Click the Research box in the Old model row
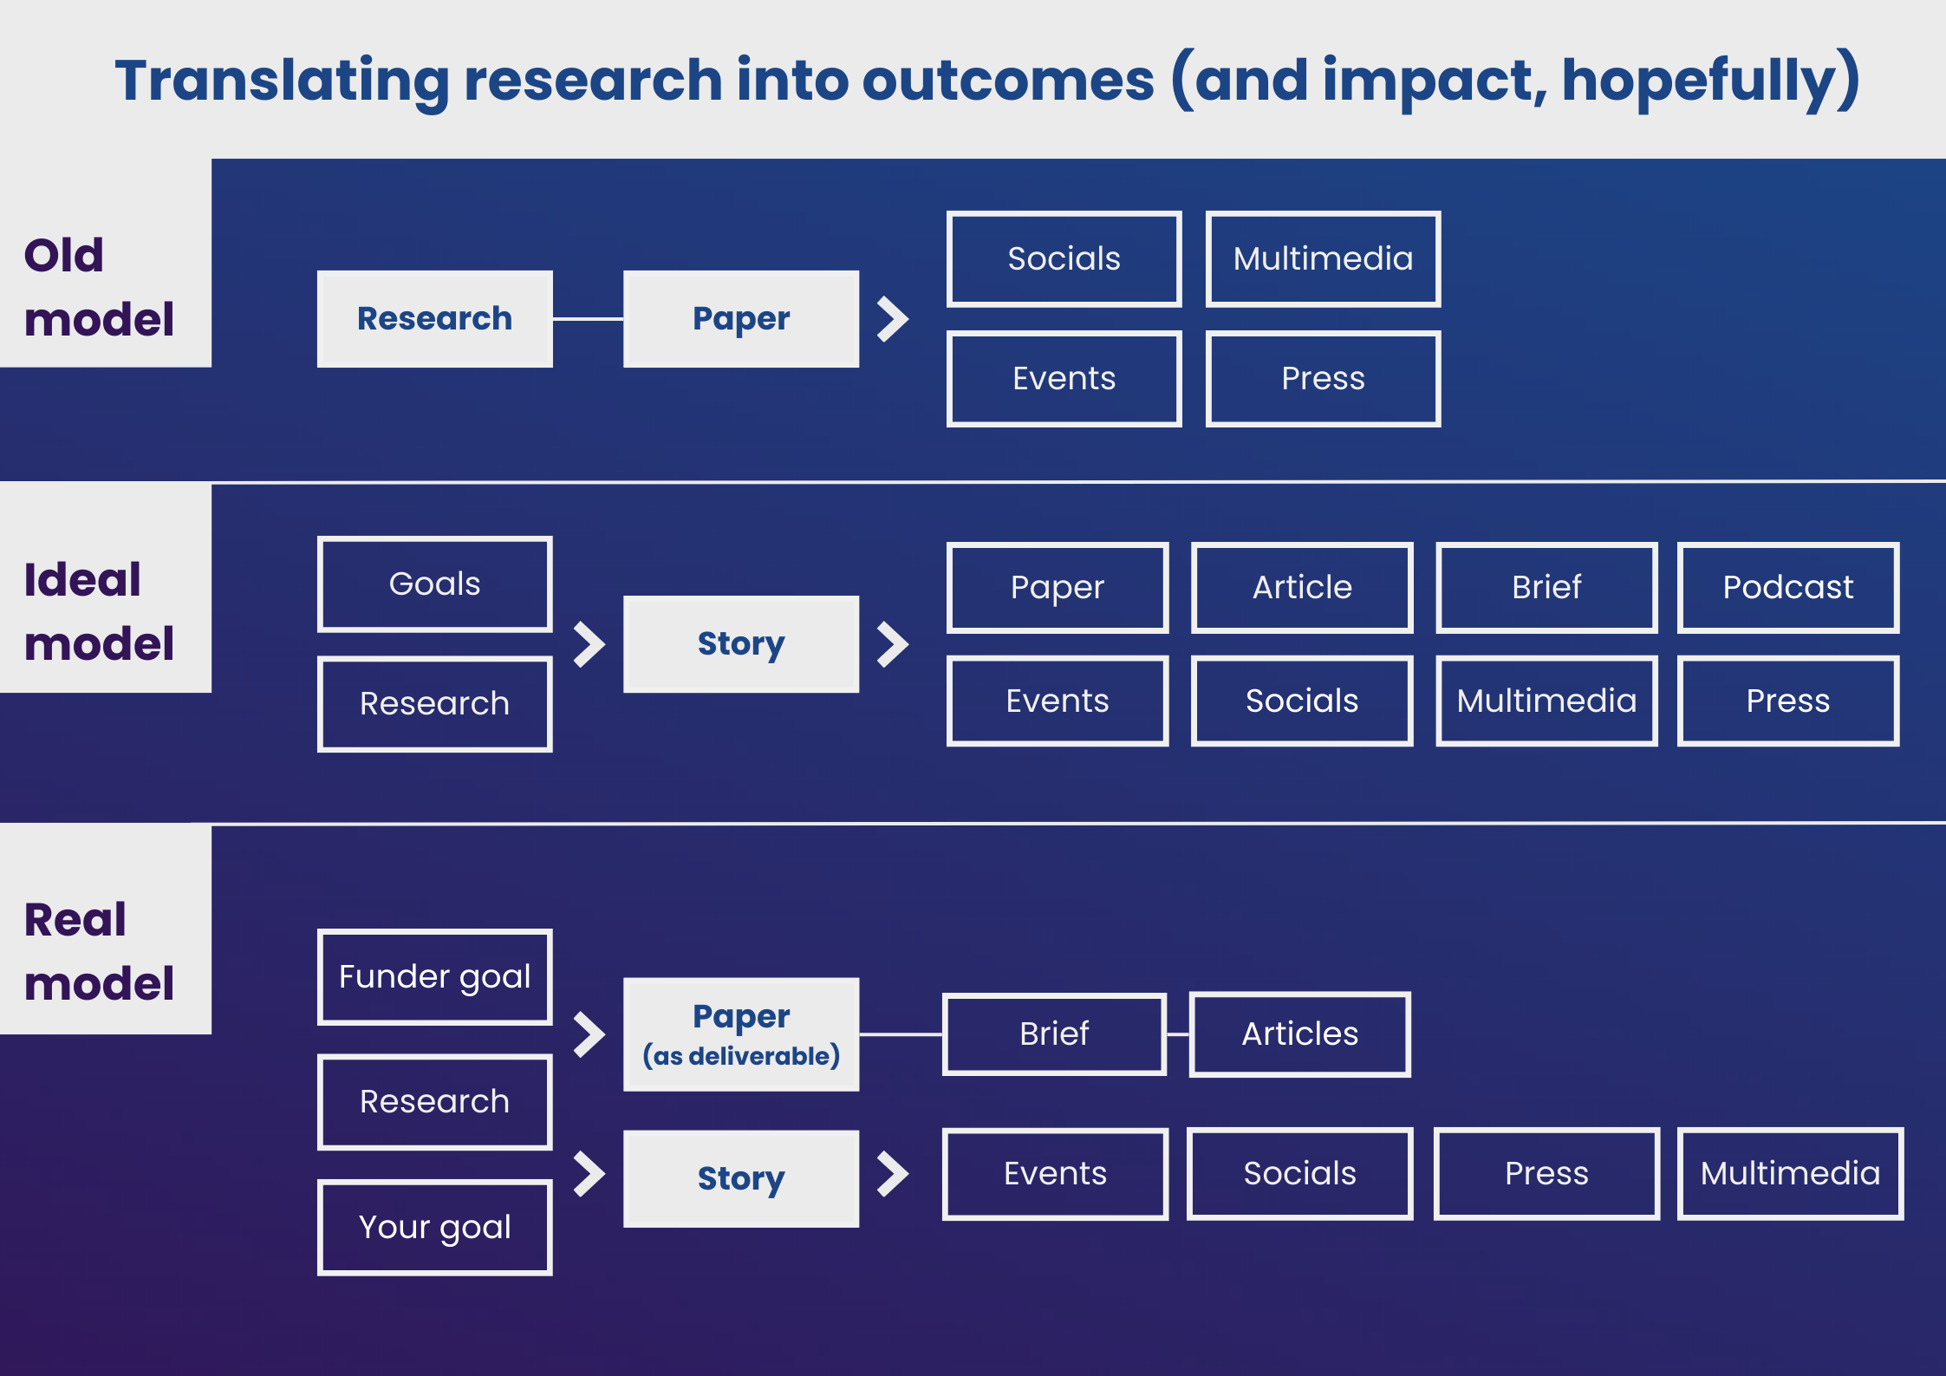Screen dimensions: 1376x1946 434,318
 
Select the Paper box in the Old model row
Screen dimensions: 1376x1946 741,318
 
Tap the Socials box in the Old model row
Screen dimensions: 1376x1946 1064,259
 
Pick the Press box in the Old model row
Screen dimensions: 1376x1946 1323,379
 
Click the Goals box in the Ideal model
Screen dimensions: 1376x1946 434,584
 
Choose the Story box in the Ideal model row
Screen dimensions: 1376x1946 741,643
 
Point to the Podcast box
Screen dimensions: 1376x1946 1787,587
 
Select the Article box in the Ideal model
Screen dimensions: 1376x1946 1302,587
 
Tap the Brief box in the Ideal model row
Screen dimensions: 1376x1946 1546,587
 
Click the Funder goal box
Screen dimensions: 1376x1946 434,976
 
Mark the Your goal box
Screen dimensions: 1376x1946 434,1227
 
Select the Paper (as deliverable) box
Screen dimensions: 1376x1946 741,1034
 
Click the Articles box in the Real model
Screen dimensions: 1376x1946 1299,1034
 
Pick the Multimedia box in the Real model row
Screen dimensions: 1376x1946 1790,1173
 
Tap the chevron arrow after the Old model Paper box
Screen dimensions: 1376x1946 892,319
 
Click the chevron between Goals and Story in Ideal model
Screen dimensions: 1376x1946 589,644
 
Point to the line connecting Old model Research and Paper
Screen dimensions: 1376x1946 588,319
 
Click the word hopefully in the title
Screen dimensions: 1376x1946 1699,81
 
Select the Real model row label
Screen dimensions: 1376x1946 99,951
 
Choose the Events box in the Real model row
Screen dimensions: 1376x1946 1055,1173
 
